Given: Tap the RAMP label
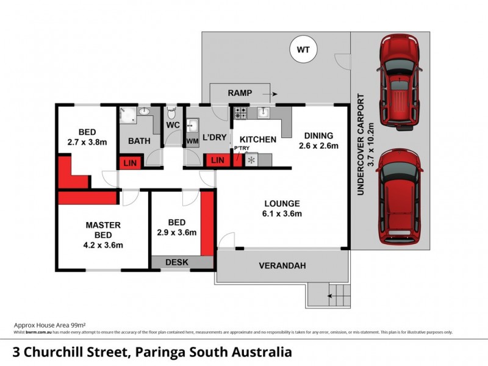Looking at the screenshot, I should coord(240,93).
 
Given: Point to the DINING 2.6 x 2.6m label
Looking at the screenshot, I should coord(318,140).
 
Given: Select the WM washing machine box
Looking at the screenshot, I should coord(192,141).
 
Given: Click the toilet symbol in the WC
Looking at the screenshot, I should coord(173,113).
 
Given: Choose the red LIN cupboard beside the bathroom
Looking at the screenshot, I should coord(130,162).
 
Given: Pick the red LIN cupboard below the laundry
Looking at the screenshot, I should coord(217,160).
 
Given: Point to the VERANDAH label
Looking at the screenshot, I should coord(281,266).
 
